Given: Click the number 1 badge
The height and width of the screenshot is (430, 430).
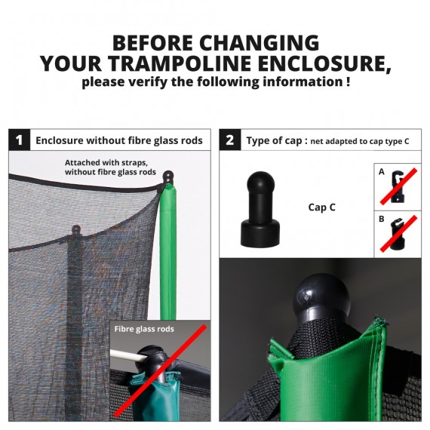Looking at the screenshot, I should pyautogui.click(x=19, y=140).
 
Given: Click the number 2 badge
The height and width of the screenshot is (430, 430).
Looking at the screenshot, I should pyautogui.click(x=229, y=140).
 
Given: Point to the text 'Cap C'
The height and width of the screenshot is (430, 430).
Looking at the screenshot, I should pyautogui.click(x=322, y=207).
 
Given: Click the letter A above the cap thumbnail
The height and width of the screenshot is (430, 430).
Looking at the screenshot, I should pyautogui.click(x=382, y=172).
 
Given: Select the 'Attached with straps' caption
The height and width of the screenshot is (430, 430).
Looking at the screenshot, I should pyautogui.click(x=110, y=167).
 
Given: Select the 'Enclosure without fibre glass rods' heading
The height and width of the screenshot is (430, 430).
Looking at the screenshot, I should pyautogui.click(x=119, y=140).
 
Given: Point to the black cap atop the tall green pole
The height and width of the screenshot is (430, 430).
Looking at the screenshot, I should pyautogui.click(x=167, y=178).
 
